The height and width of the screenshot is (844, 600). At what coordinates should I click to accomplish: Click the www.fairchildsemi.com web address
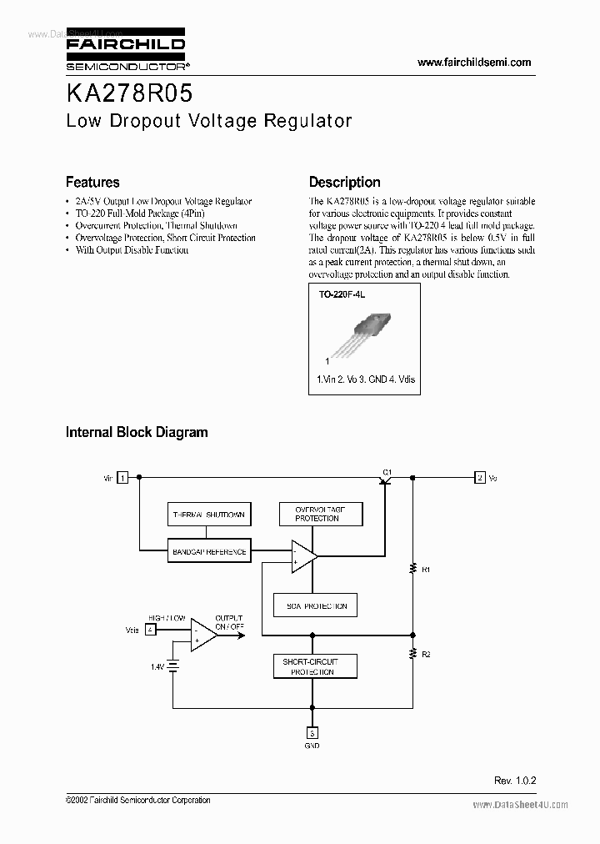473,63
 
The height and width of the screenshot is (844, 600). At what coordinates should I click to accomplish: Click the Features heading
92,182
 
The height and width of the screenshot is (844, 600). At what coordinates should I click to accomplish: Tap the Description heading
344,182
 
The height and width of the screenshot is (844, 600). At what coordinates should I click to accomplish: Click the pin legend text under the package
366,379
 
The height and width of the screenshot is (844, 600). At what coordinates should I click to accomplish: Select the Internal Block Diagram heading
137,432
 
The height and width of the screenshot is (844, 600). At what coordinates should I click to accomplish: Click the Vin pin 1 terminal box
122,478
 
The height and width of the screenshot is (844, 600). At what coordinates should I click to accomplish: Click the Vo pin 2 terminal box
480,478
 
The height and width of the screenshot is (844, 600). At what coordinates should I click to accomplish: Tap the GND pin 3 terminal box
312,734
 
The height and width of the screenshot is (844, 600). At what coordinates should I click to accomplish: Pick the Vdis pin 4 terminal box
150,629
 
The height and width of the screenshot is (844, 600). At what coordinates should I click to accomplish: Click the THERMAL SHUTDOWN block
208,515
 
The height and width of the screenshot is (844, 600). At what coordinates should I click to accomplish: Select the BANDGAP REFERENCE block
208,551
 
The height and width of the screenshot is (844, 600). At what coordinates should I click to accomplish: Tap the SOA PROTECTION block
316,605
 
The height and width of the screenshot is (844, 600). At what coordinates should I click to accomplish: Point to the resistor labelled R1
412,570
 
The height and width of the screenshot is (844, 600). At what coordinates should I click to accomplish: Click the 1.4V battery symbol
173,666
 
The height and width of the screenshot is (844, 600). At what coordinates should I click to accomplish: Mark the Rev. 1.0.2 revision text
515,780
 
